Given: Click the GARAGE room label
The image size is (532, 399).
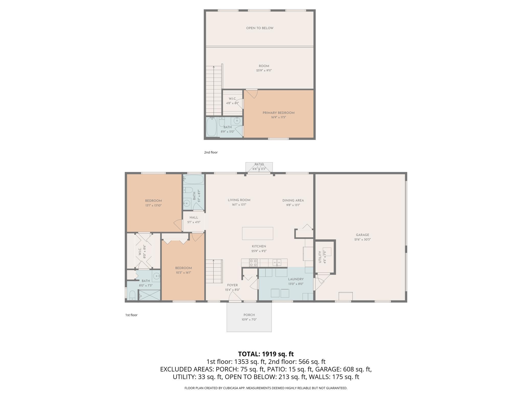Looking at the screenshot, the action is [x=362, y=235].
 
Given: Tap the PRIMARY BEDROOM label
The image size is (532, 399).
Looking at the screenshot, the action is [x=279, y=113].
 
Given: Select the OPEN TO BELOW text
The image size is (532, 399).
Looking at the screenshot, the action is [x=260, y=28].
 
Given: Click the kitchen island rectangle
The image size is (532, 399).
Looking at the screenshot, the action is [x=258, y=233].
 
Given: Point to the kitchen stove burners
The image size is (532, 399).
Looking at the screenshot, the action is [x=253, y=263].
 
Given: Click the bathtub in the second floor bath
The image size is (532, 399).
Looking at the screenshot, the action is [x=212, y=127].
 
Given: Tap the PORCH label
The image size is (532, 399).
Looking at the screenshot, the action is [x=249, y=315].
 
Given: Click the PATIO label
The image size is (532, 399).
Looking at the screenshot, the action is [x=259, y=164].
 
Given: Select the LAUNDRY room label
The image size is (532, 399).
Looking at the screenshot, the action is [x=296, y=279].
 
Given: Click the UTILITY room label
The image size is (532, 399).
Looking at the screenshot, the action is [x=320, y=257].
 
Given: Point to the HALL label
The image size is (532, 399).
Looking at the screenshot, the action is [x=194, y=217].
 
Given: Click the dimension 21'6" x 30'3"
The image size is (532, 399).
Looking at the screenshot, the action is [x=362, y=240].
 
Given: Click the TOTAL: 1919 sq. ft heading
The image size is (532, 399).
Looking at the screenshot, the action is [x=266, y=354].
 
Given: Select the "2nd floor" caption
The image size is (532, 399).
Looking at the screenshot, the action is [x=211, y=152].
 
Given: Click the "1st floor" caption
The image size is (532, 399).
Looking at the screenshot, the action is [x=131, y=315].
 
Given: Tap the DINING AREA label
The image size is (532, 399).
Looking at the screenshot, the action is [x=293, y=201].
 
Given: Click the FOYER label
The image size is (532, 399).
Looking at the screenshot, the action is [x=232, y=285].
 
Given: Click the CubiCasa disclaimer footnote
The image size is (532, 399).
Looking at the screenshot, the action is [x=266, y=388].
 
